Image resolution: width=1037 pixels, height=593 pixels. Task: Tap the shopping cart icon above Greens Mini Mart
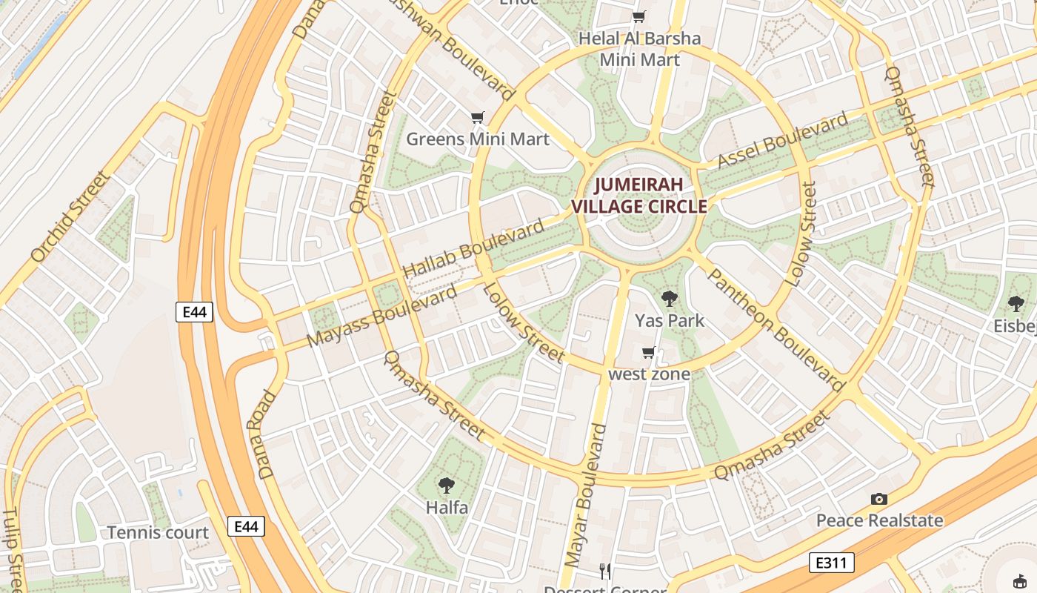click(x=478, y=118)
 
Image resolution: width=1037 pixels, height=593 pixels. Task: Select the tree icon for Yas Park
click(x=670, y=299)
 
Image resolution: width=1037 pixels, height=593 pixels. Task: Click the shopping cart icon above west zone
click(x=649, y=353)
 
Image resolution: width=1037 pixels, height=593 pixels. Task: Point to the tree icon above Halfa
click(x=446, y=486)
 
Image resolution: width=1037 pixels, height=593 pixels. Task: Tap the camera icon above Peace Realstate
click(x=879, y=499)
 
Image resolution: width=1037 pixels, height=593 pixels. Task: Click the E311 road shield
click(x=831, y=563)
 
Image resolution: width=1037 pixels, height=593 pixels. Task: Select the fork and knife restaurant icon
click(x=605, y=571)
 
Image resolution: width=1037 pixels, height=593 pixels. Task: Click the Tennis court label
click(x=158, y=532)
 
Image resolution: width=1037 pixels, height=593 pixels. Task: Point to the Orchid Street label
click(x=70, y=217)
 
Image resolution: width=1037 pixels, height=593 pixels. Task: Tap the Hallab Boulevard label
click(x=473, y=250)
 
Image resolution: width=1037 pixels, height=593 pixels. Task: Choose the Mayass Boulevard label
click(x=381, y=316)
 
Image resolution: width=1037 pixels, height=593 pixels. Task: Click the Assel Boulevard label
click(x=783, y=141)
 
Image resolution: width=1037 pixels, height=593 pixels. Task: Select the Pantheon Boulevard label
click(x=776, y=330)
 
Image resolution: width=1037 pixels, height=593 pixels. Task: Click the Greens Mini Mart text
click(x=478, y=139)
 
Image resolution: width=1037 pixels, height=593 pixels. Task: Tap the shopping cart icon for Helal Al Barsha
click(x=639, y=16)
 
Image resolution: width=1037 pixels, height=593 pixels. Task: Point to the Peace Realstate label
click(x=879, y=520)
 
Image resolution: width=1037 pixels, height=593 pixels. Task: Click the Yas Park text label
click(x=670, y=321)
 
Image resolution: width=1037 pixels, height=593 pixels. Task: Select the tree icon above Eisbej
click(x=1016, y=303)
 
